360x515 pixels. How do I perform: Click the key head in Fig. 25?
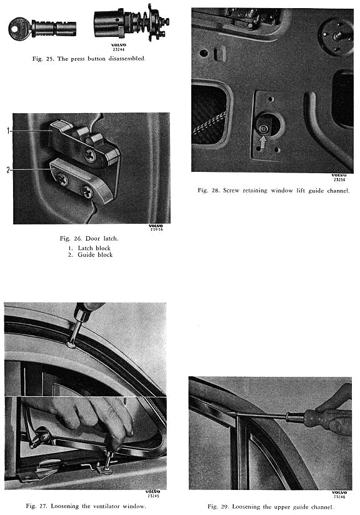[x=19, y=29]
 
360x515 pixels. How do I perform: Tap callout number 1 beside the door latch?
[x=8, y=131]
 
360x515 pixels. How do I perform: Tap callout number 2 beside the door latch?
[x=8, y=170]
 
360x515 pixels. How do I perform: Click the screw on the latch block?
[x=89, y=154]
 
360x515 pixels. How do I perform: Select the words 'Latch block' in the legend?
[x=94, y=248]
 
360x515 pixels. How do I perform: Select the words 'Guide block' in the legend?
[x=95, y=254]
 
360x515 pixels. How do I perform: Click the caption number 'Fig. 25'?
[x=42, y=59]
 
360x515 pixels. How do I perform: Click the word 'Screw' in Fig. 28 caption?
[x=231, y=190]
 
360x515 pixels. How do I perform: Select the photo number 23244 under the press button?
[x=119, y=49]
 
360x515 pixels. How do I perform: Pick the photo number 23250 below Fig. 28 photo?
[x=339, y=179]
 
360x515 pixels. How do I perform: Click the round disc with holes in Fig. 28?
[x=336, y=36]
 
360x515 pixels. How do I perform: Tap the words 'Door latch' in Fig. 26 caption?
[x=101, y=239]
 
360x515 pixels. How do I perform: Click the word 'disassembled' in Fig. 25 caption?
[x=127, y=59]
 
